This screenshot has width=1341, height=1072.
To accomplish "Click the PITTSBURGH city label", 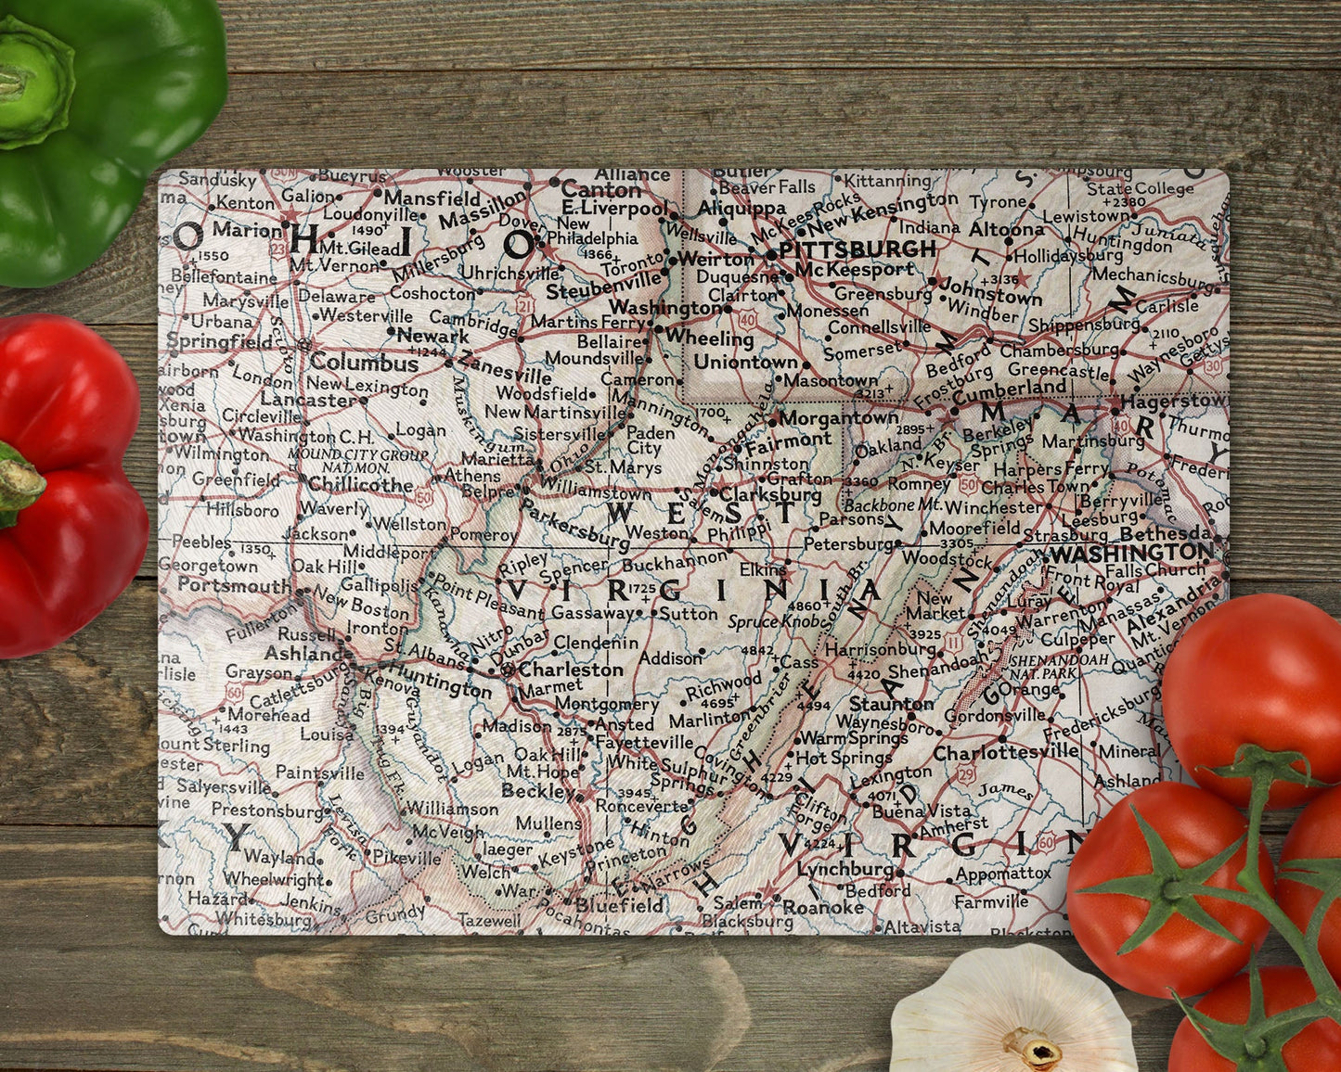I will pyautogui.click(x=857, y=249).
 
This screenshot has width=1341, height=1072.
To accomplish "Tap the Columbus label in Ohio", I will pyautogui.click(x=365, y=364).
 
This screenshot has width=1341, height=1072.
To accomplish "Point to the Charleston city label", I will pyautogui.click(x=571, y=669).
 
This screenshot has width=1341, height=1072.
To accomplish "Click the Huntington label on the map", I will pyautogui.click(x=439, y=683).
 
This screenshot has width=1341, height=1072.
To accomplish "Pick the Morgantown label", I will pyautogui.click(x=839, y=418).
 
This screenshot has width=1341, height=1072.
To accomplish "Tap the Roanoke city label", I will pyautogui.click(x=823, y=907).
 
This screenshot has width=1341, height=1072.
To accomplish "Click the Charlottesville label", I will pyautogui.click(x=1007, y=753).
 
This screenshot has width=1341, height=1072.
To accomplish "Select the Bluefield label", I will pyautogui.click(x=620, y=904).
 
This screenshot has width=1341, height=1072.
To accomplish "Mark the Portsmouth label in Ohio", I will pyautogui.click(x=234, y=585).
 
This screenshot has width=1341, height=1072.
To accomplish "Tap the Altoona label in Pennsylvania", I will pyautogui.click(x=1007, y=229).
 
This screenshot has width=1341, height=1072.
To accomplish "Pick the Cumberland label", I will pyautogui.click(x=1009, y=388).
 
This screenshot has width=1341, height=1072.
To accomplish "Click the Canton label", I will pyautogui.click(x=601, y=188).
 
